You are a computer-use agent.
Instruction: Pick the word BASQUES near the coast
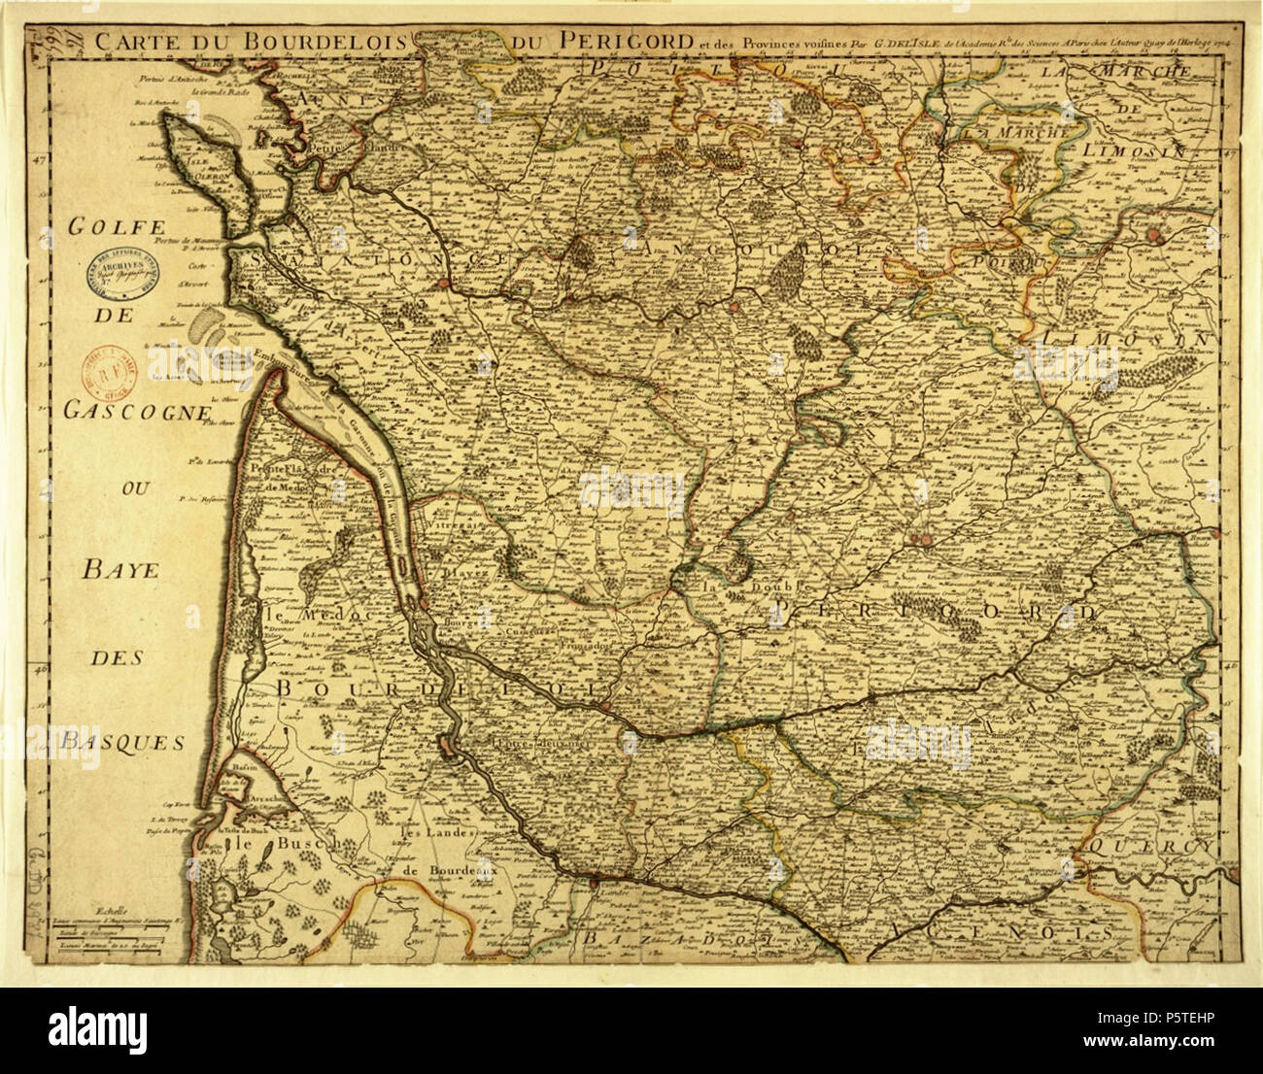[x=123, y=742]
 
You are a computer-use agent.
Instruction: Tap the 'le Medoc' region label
[x=297, y=616]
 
